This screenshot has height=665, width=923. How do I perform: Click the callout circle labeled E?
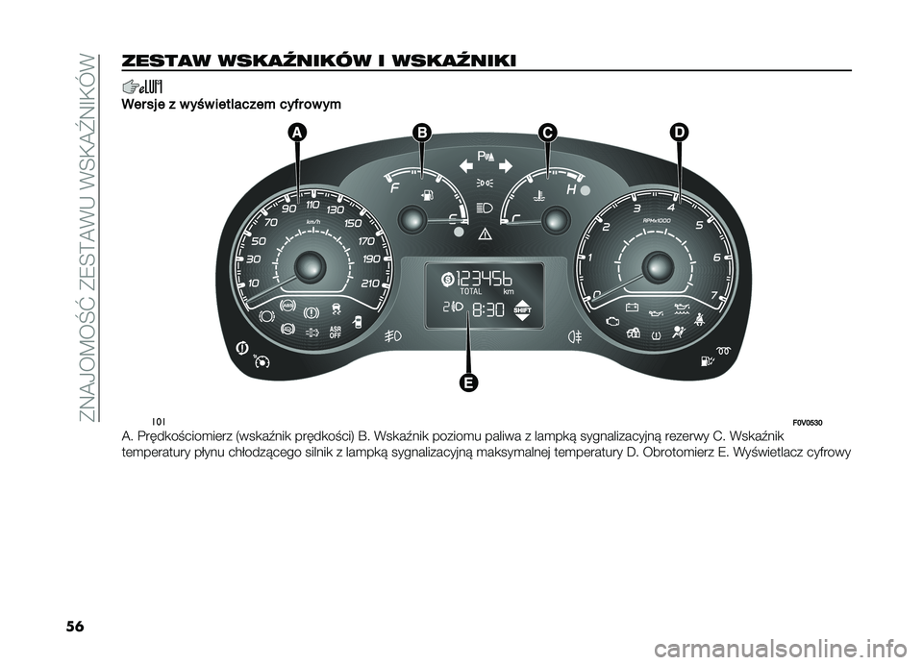pyautogui.click(x=468, y=383)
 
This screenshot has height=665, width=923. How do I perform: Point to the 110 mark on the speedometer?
pyautogui.click(x=312, y=205)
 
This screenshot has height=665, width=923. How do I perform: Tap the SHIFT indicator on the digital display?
pyautogui.click(x=523, y=309)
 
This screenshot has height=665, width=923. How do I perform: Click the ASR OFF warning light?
pyautogui.click(x=336, y=332)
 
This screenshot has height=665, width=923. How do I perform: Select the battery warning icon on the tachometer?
pyautogui.click(x=632, y=308)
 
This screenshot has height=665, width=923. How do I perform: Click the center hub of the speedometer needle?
pyautogui.click(x=310, y=265)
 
